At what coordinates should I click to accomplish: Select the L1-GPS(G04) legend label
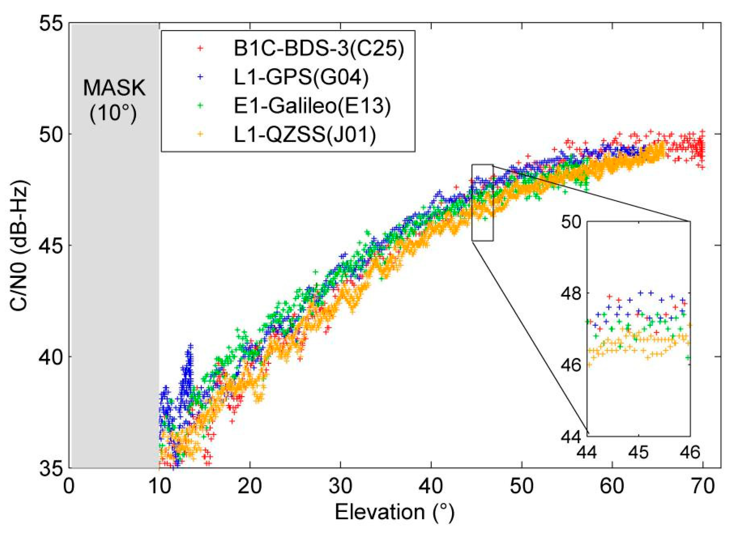(301, 77)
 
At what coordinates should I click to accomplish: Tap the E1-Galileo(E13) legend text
(312, 105)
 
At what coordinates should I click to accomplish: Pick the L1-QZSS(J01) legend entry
(305, 134)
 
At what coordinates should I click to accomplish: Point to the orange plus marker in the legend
(201, 134)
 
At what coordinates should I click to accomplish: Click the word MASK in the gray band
(114, 88)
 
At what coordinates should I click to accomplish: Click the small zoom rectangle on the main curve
(482, 203)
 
